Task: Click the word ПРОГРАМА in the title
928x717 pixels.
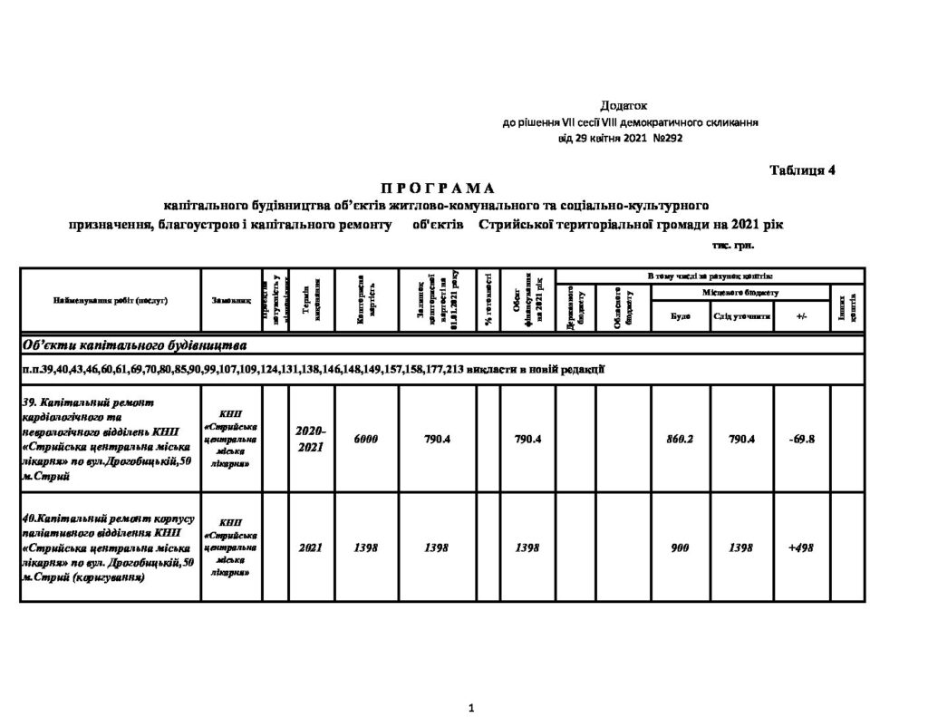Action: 437,189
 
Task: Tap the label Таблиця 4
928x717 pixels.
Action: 802,170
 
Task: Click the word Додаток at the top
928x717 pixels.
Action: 624,107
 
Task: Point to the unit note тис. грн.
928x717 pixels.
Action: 732,245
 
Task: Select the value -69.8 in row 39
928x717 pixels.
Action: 801,439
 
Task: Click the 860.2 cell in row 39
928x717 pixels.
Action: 680,439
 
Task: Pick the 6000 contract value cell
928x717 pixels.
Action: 366,439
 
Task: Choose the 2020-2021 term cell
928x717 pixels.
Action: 311,439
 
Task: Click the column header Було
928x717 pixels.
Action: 680,317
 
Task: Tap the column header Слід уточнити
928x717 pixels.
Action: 741,317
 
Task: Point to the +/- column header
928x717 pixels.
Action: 801,317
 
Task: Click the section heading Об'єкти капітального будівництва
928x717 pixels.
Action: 135,345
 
